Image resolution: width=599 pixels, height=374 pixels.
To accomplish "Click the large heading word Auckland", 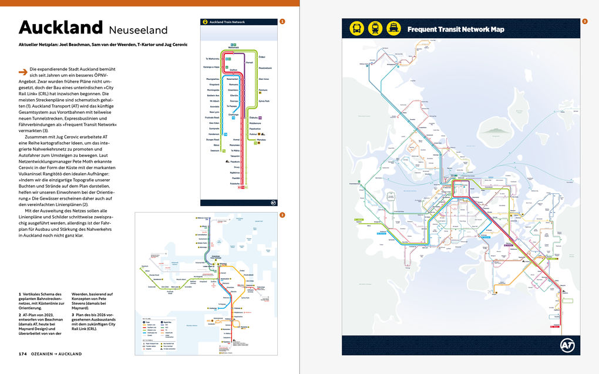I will (x=60, y=28).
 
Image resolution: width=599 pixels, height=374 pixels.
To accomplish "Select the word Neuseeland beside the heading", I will (x=138, y=29).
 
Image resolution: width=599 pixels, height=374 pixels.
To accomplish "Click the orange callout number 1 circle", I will (x=282, y=22).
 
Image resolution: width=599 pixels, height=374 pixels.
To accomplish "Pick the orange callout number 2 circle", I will (x=282, y=215).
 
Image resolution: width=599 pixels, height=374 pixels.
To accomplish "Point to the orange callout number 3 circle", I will (x=584, y=22).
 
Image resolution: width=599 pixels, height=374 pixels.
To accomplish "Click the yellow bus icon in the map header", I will (x=356, y=28).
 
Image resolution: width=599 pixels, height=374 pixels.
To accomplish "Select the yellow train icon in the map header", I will (x=374, y=28).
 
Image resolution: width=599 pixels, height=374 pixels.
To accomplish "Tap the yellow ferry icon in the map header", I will (x=392, y=28).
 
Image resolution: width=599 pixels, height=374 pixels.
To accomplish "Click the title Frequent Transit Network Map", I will (x=456, y=29).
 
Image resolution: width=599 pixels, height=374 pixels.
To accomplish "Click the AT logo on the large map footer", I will (x=567, y=346).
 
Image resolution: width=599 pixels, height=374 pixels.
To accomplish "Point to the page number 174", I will (x=23, y=354).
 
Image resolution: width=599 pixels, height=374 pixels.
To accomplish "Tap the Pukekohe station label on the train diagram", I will (x=234, y=184).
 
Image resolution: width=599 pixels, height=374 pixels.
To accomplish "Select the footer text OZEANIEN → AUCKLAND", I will (x=57, y=354).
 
